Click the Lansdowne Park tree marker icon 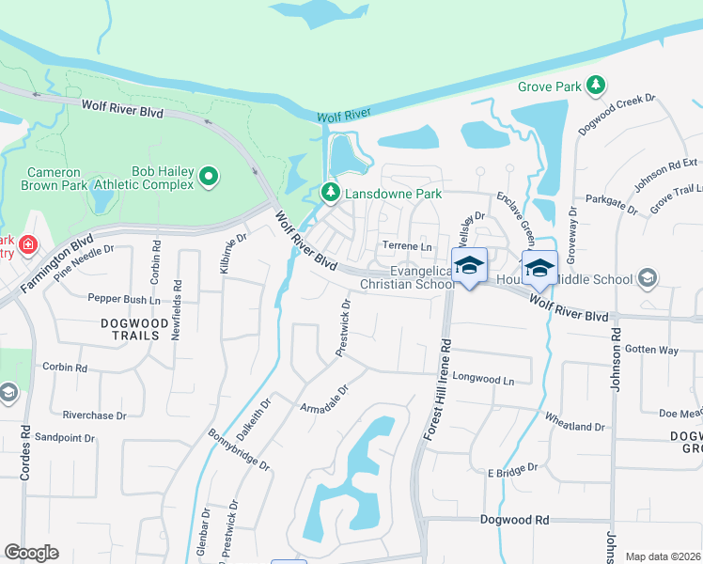[x=330, y=193]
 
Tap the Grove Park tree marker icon [x=595, y=86]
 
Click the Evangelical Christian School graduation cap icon [x=469, y=265]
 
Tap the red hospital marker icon [x=29, y=245]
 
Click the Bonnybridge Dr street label [x=240, y=452]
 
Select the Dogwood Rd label [x=514, y=519]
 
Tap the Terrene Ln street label [x=406, y=246]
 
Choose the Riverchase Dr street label [x=94, y=415]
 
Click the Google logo [x=31, y=553]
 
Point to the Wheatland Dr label [x=574, y=427]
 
